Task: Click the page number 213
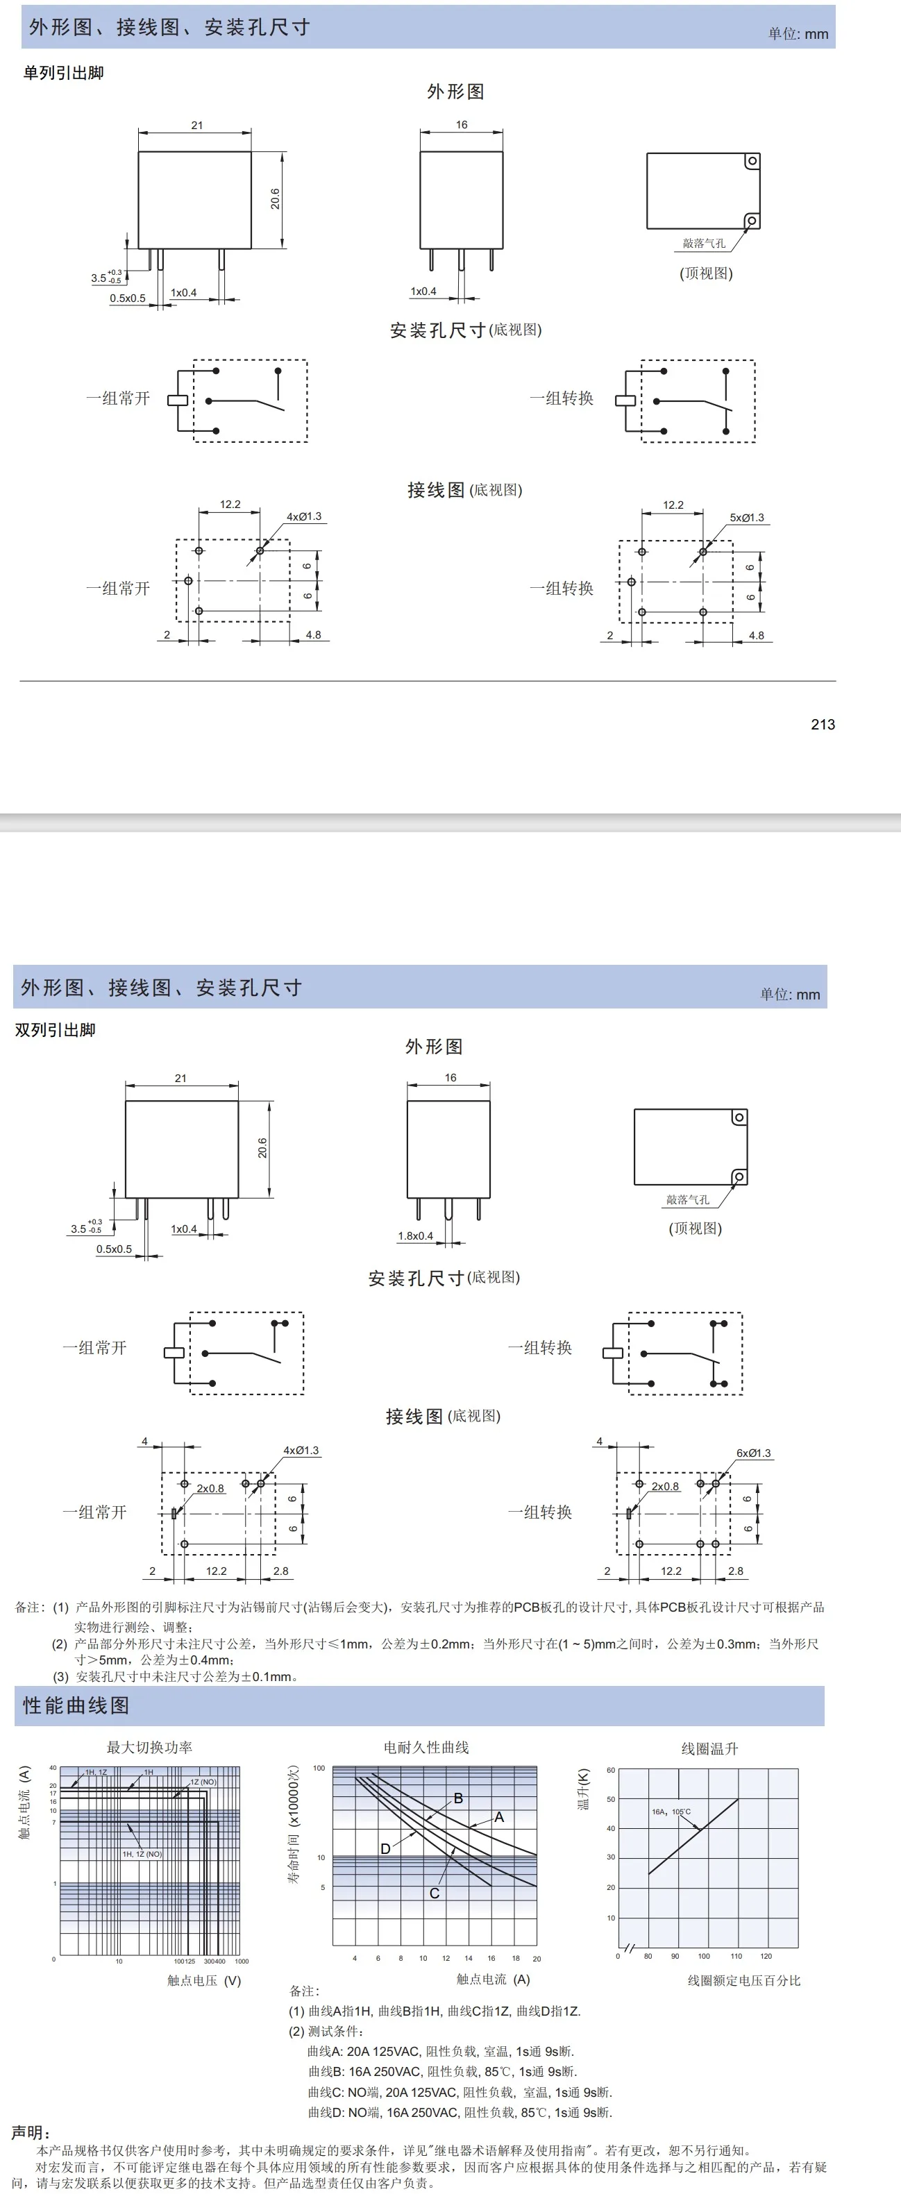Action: click(823, 724)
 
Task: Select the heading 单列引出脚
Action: click(63, 74)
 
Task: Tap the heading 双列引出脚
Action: click(56, 1030)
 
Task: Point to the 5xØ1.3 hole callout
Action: click(747, 518)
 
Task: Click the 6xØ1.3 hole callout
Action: click(754, 1453)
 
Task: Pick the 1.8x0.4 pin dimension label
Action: click(416, 1236)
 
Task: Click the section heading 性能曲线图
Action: click(76, 1706)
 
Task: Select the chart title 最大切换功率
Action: click(149, 1748)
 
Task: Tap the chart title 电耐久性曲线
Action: click(426, 1748)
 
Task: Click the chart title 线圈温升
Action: click(709, 1748)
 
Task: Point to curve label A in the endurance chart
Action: click(499, 1816)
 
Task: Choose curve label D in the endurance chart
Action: click(385, 1848)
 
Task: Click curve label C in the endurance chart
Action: click(435, 1893)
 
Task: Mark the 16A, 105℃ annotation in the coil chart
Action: click(671, 1812)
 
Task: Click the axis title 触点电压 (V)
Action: click(203, 1980)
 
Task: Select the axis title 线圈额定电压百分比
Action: click(743, 1980)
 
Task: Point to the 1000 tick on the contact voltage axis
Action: click(242, 1961)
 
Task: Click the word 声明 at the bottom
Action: click(31, 2132)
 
